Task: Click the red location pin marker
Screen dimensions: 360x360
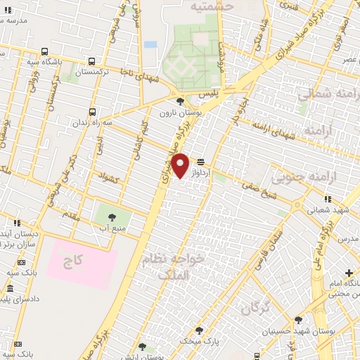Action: click(181, 166)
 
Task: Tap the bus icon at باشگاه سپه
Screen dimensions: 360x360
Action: click(44, 51)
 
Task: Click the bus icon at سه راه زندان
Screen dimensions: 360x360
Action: click(94, 111)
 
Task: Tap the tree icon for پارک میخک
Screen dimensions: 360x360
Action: click(200, 330)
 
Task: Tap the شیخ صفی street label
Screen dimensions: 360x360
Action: click(255, 184)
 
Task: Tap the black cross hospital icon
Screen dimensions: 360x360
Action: click(349, 273)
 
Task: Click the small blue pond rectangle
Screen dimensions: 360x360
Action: click(150, 44)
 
